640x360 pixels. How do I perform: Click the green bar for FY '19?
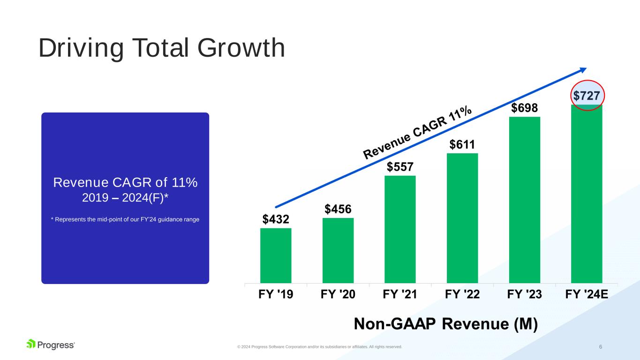276,255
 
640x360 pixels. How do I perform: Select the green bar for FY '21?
400,229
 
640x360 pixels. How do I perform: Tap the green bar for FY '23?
525,200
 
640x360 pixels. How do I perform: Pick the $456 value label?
338,209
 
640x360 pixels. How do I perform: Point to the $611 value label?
462,144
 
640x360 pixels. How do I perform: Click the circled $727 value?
587,96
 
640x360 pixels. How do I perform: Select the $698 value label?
525,108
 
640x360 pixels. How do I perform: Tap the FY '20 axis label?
338,294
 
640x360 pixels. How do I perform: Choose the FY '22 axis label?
462,294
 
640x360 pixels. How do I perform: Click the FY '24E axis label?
587,294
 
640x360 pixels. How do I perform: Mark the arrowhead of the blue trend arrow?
584,69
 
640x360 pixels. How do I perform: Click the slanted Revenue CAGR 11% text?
417,132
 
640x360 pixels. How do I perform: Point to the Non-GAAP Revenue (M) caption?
446,324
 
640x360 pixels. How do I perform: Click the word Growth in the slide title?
241,48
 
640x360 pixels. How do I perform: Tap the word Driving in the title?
81,48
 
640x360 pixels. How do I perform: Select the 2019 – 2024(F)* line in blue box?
125,198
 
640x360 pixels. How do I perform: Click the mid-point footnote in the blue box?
125,219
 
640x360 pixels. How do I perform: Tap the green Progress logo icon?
31,344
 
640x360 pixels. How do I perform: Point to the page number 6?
601,346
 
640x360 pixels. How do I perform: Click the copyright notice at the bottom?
319,347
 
